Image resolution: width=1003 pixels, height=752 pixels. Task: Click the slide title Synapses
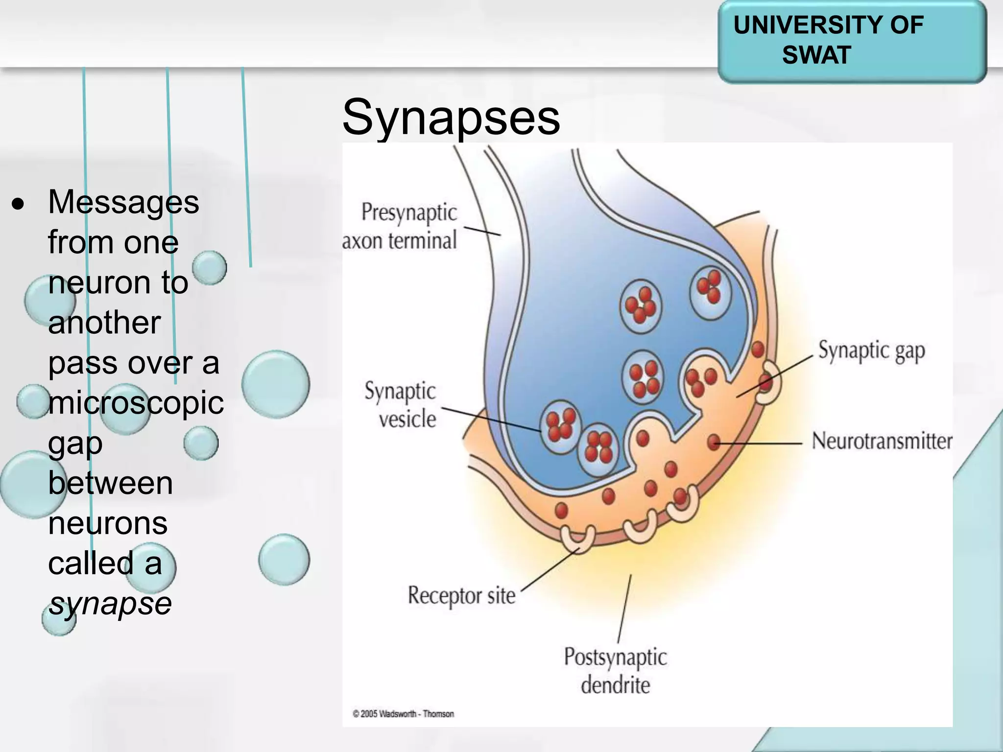point(451,117)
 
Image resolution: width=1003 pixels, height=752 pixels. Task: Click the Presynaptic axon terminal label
point(401,226)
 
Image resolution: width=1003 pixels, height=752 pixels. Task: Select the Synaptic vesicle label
point(401,405)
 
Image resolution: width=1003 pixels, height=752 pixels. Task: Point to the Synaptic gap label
point(871,351)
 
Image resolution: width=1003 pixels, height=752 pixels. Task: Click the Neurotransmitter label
point(882,441)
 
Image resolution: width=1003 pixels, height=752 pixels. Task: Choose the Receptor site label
point(461,596)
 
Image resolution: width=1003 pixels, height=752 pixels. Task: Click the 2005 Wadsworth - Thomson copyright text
point(403,714)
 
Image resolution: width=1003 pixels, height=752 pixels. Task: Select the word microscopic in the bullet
point(136,403)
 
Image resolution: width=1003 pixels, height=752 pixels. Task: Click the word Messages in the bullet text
point(123,202)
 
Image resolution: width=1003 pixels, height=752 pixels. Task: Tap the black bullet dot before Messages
point(18,205)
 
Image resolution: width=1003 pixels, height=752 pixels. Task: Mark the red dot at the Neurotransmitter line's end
point(714,442)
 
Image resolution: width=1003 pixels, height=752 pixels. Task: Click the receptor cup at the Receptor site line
point(578,538)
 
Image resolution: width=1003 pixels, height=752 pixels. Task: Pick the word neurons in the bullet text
point(108,523)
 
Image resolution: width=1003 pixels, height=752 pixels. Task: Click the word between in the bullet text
point(110,483)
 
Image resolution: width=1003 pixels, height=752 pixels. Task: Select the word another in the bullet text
point(104,323)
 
